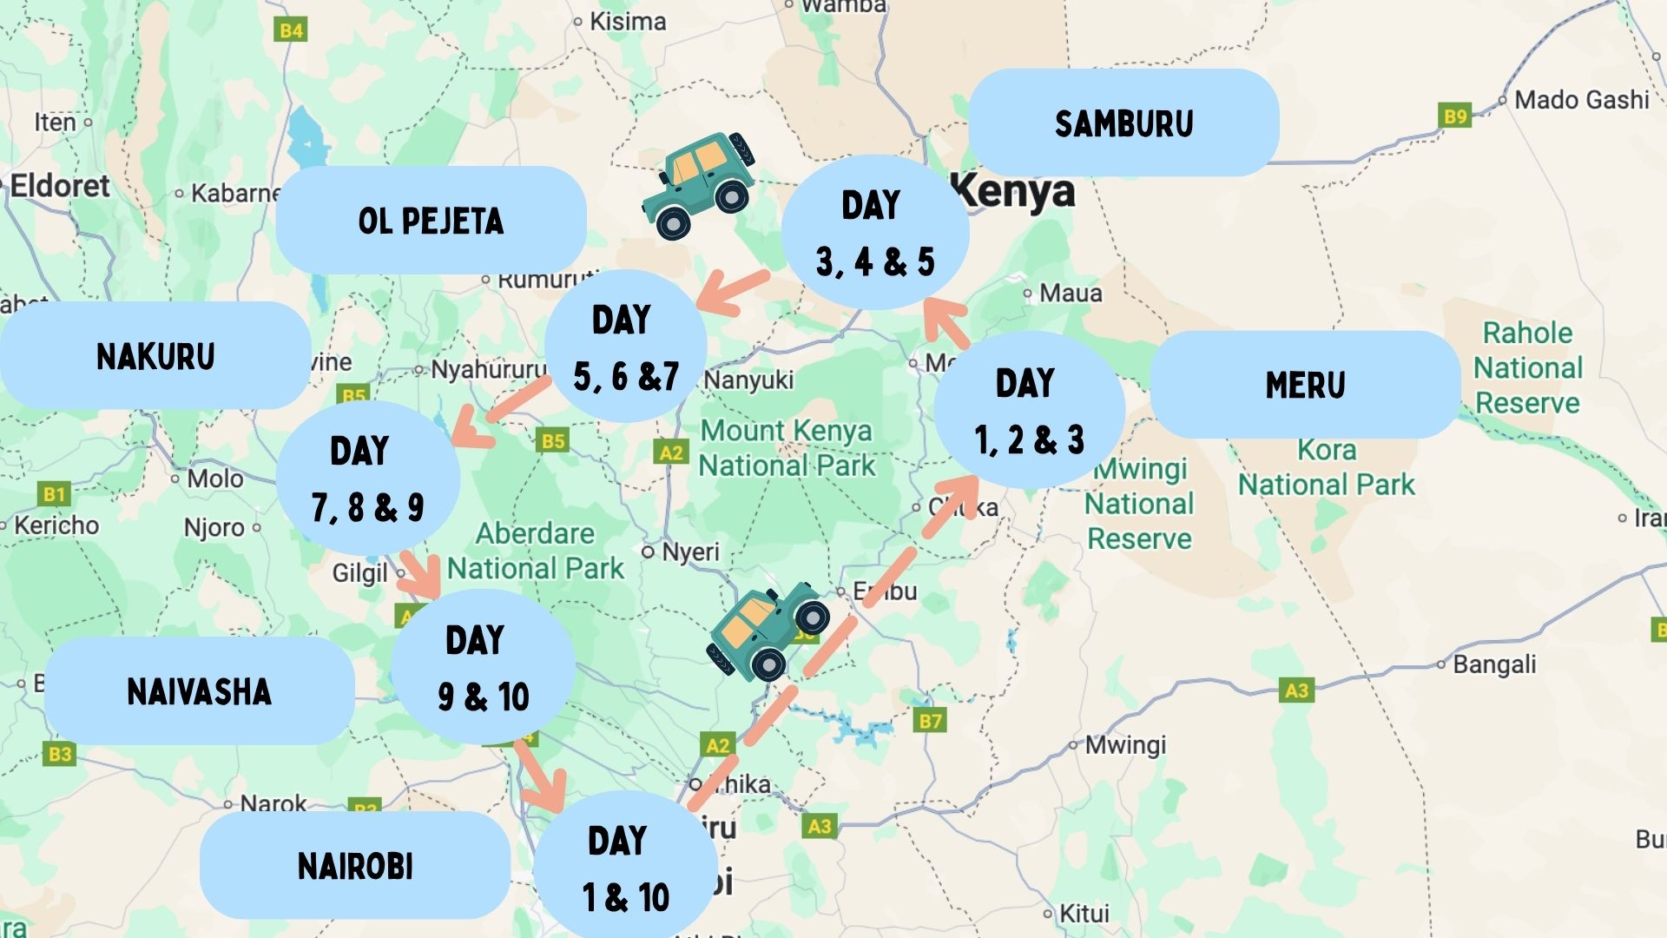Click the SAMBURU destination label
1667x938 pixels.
1123,123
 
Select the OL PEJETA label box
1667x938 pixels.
431,221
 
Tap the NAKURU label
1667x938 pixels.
155,356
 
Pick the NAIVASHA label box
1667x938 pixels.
199,691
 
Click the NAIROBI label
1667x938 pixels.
355,866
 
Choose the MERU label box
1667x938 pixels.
1305,385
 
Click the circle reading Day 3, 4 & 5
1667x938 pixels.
874,233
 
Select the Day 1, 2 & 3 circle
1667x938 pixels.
1029,410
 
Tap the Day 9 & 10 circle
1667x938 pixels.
483,667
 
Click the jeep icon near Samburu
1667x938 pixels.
700,185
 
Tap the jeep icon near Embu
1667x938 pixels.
766,631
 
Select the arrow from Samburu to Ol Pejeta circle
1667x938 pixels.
734,292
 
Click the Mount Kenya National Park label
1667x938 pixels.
787,448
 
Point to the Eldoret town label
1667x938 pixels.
60,186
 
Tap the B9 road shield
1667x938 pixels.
1455,116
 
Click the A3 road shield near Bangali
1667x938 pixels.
1296,690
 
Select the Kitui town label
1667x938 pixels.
1084,914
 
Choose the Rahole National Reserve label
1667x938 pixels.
1527,367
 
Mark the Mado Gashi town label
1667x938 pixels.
1581,100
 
